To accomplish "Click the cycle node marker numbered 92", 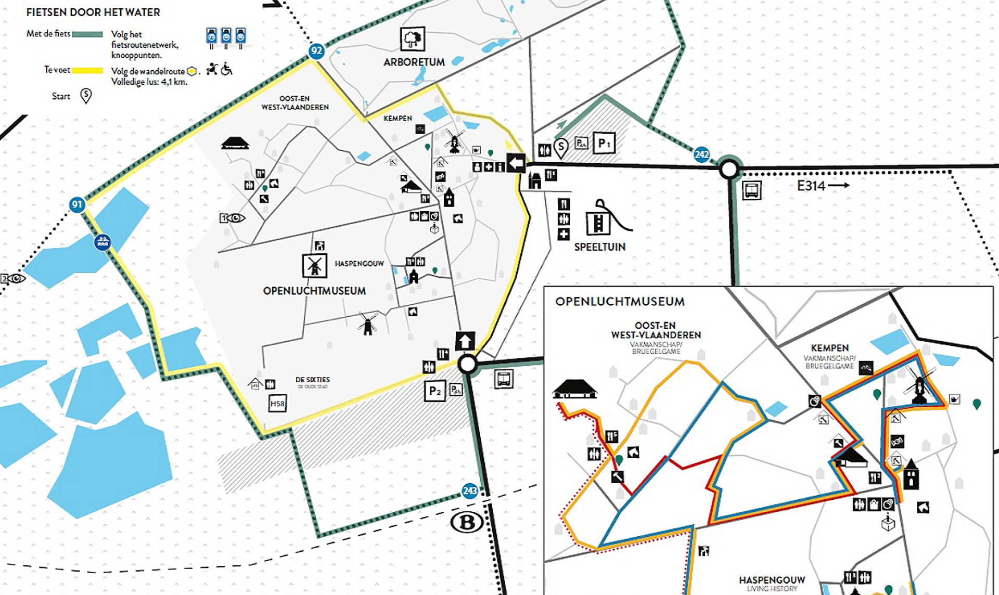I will (316, 51).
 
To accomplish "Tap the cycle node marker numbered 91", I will (77, 204).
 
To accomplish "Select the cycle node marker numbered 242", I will (701, 154).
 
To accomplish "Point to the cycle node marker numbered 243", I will (470, 490).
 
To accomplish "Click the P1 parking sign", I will (604, 143).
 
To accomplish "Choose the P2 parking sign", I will (435, 391).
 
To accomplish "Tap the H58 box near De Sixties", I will (277, 404).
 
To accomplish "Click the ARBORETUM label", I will (414, 62).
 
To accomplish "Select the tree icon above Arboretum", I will (412, 39).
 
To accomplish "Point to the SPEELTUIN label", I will (600, 247).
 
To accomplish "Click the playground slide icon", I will (606, 218).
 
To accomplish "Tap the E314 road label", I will (811, 186).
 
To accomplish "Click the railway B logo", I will (466, 522).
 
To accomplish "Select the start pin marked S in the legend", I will (86, 96).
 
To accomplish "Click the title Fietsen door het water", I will (93, 12).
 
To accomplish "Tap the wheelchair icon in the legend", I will (226, 69).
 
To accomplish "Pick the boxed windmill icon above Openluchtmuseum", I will (314, 266).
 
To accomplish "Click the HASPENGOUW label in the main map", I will (359, 264).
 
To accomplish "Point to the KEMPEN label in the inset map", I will (829, 348).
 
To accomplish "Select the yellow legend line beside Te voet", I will (87, 70).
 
